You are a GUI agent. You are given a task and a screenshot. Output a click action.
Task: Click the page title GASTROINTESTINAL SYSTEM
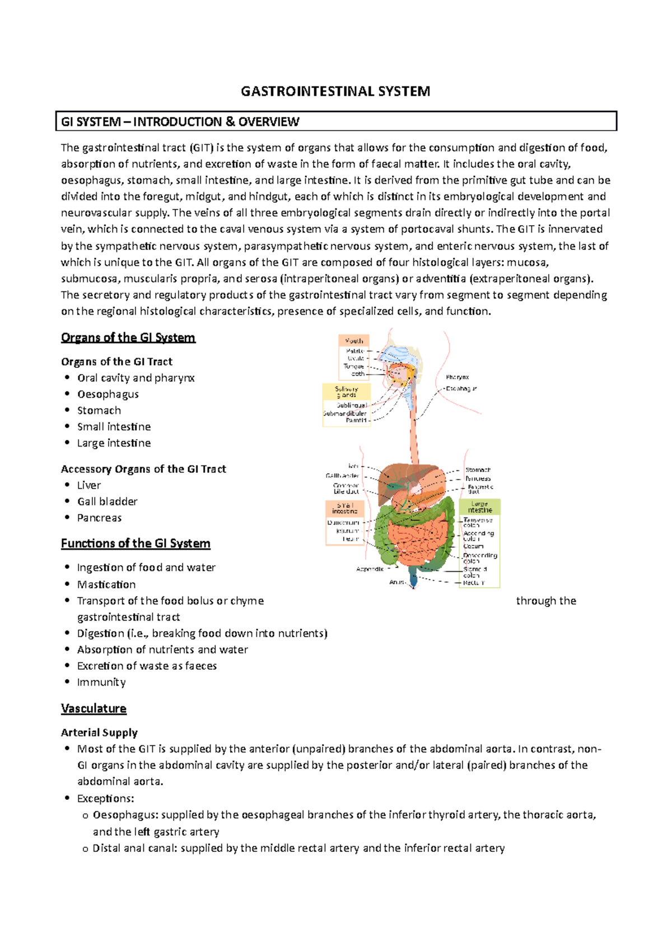pyautogui.click(x=335, y=91)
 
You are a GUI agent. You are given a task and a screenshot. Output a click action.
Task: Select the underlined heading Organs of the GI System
pyautogui.click(x=128, y=337)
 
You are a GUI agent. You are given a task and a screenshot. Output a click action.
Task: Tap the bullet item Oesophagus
pyautogui.click(x=108, y=394)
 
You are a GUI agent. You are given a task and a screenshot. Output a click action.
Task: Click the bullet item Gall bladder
pyautogui.click(x=107, y=501)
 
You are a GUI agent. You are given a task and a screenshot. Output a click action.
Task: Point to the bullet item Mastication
pyautogui.click(x=106, y=584)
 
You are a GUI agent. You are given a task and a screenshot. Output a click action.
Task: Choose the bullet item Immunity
pyautogui.click(x=101, y=682)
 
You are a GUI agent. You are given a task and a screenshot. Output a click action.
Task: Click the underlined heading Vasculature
pyautogui.click(x=94, y=708)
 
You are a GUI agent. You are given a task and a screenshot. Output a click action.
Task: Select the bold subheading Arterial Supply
pyautogui.click(x=99, y=733)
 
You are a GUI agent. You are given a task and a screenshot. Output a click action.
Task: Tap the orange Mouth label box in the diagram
pyautogui.click(x=353, y=341)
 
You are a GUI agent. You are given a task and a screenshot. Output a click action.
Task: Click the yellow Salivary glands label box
pyautogui.click(x=346, y=391)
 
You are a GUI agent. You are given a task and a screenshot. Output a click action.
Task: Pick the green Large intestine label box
pyautogui.click(x=479, y=507)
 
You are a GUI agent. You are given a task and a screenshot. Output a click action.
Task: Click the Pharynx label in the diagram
pyautogui.click(x=458, y=377)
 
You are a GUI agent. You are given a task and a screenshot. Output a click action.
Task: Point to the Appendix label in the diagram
pyautogui.click(x=370, y=569)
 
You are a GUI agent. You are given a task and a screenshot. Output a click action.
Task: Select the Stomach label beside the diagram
pyautogui.click(x=478, y=470)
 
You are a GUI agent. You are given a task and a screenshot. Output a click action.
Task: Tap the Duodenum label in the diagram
pyautogui.click(x=343, y=523)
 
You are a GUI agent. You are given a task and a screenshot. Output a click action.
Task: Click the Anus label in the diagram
pyautogui.click(x=396, y=582)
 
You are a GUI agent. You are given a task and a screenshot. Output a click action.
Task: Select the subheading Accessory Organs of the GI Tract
pyautogui.click(x=143, y=469)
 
